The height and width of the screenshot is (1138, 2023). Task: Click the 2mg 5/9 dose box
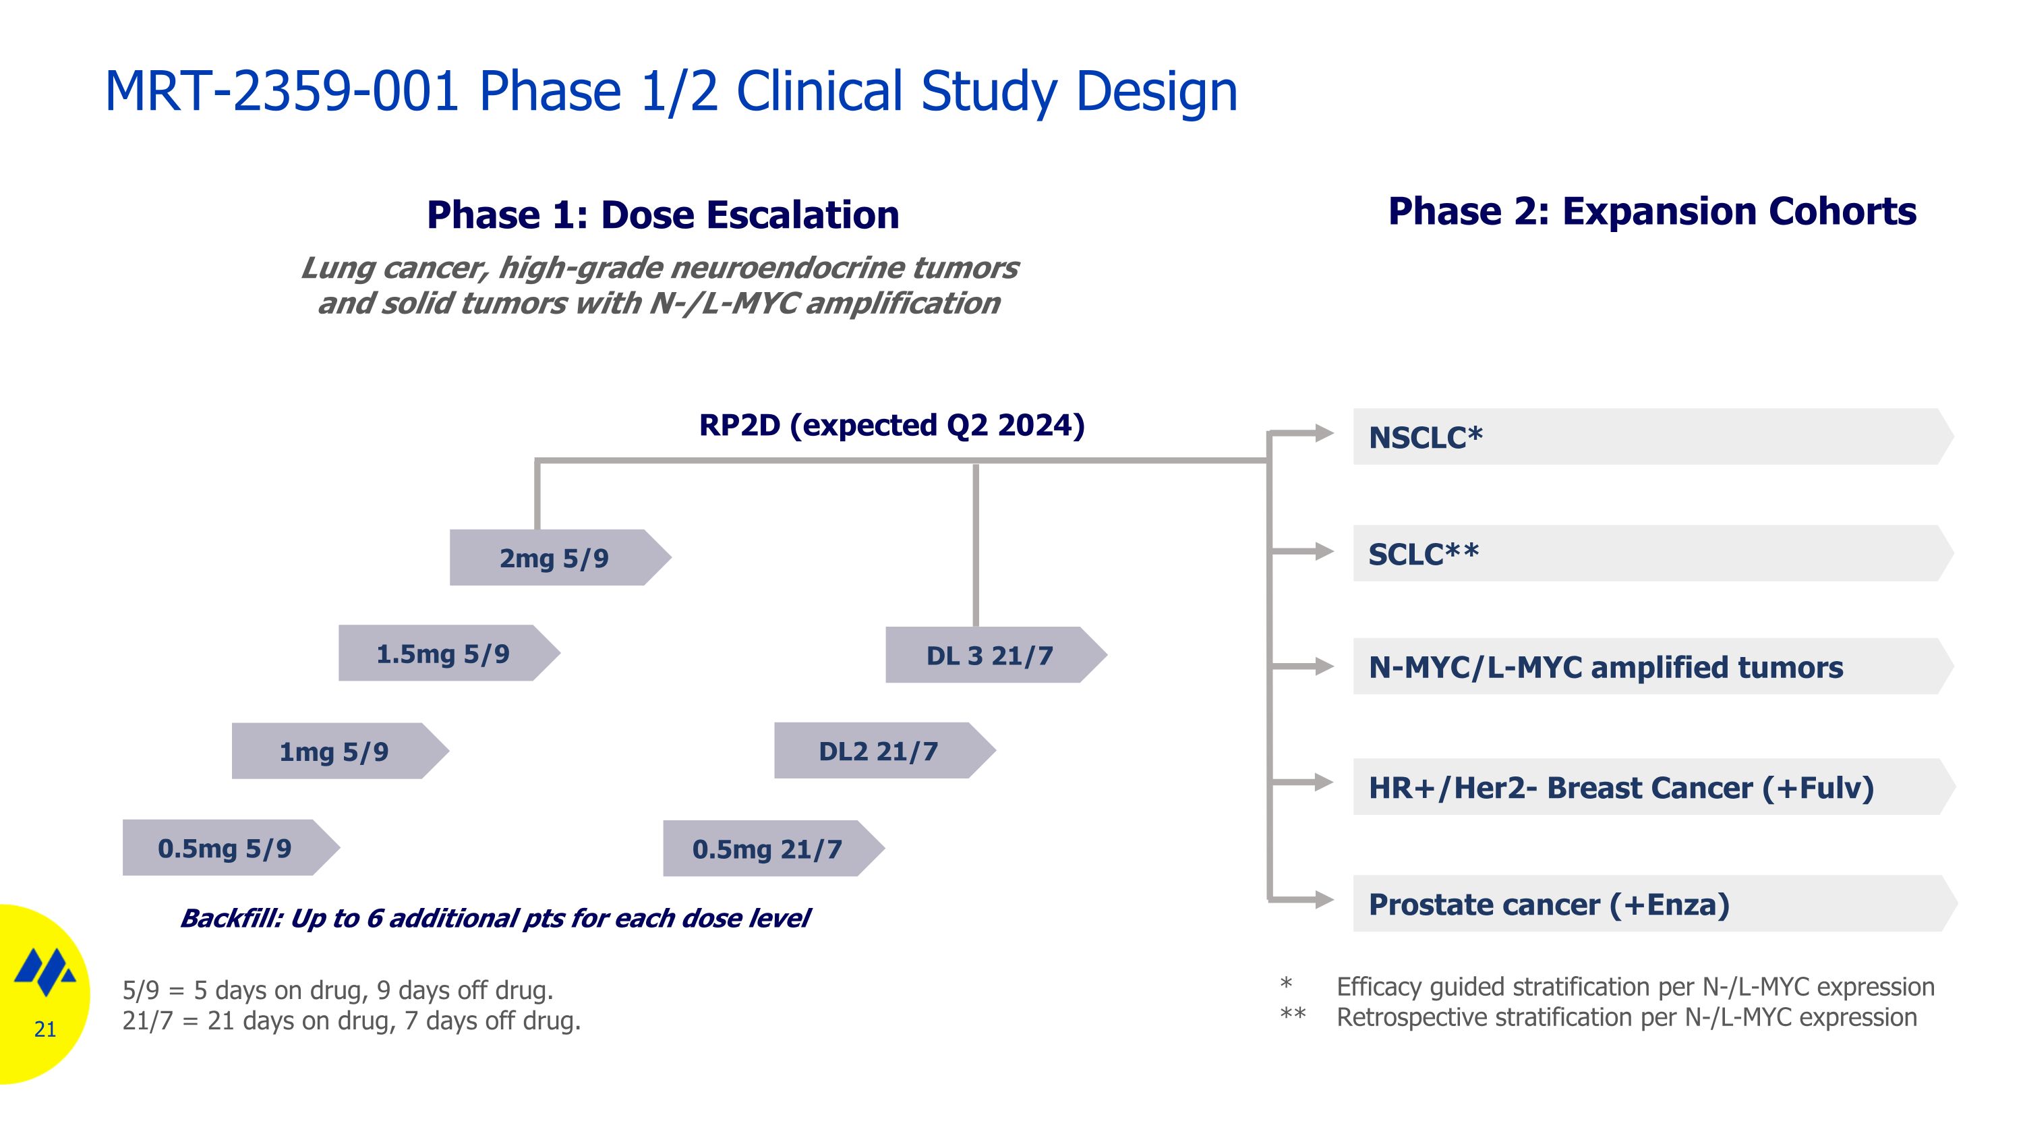click(554, 558)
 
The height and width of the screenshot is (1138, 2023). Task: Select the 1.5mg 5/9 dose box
click(444, 654)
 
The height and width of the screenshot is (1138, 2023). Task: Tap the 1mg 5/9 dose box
click(334, 751)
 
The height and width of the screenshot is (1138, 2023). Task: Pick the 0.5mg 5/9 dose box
click(225, 848)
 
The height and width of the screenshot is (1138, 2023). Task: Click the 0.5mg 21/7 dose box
click(767, 849)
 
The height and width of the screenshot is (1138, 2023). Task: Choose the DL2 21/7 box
click(879, 751)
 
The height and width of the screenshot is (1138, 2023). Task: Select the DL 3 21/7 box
click(989, 655)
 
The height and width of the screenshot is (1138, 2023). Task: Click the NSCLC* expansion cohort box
click(1649, 437)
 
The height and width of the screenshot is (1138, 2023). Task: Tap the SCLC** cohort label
click(1423, 554)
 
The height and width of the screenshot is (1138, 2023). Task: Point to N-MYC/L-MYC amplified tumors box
click(1649, 666)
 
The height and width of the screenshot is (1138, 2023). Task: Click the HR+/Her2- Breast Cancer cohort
click(1649, 787)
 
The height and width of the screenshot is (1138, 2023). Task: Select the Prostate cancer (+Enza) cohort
click(1649, 904)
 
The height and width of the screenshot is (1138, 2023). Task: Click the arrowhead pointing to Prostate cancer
click(1324, 900)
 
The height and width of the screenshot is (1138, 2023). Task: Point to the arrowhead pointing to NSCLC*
click(1324, 433)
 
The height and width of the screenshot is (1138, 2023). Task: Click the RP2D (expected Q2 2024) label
click(891, 425)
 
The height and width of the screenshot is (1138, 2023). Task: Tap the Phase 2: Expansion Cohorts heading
click(1651, 211)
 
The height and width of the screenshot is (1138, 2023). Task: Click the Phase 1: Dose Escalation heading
click(663, 215)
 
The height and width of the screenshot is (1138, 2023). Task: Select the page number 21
click(45, 1029)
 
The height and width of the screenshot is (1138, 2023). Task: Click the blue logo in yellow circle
click(45, 971)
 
